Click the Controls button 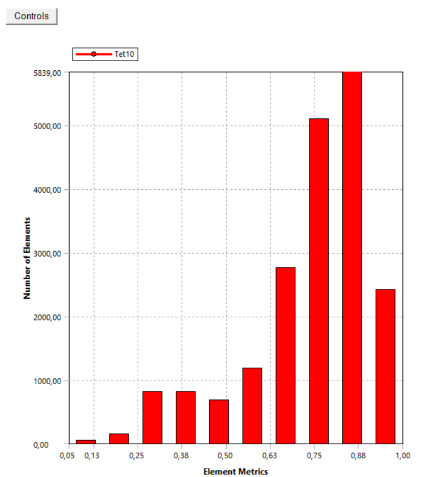coord(32,16)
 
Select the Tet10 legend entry coord(106,54)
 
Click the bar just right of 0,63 coord(285,355)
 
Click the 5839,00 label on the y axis coord(48,73)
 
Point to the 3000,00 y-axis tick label coord(48,253)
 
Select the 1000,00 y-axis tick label coord(48,381)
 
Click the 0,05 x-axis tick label coord(67,455)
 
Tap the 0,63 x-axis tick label coord(270,455)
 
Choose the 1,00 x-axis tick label coord(402,455)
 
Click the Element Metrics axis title coord(235,471)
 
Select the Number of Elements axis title coord(27,258)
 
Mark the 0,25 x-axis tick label coord(136,455)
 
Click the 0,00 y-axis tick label coord(53,445)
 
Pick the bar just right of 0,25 coord(152,418)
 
